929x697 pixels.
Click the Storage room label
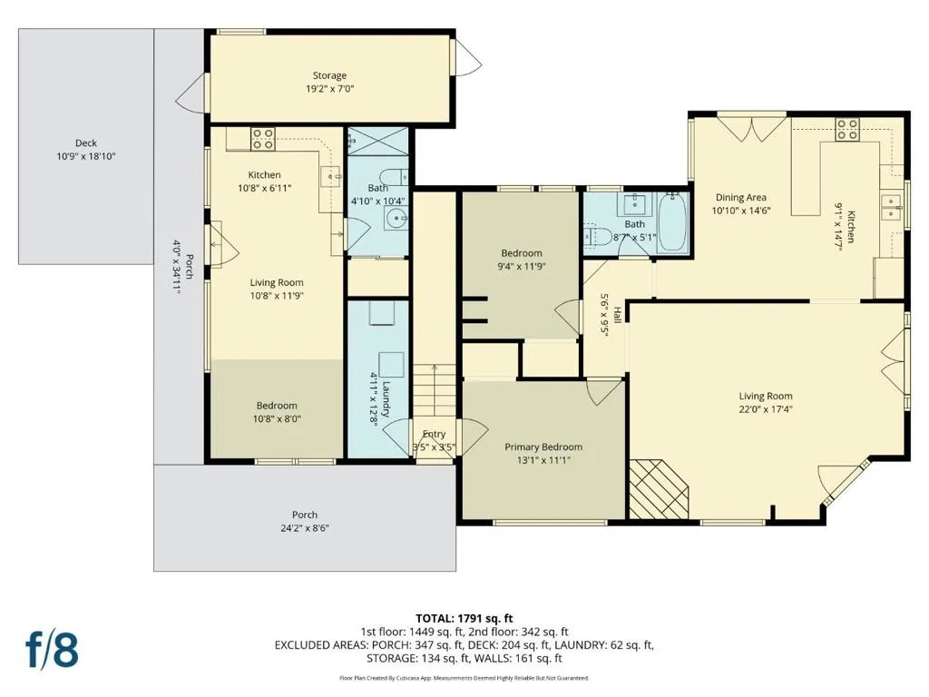(x=329, y=76)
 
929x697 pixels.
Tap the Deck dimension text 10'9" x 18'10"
(x=86, y=156)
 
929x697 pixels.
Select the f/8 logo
(x=52, y=650)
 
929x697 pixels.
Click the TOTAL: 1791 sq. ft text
(x=464, y=619)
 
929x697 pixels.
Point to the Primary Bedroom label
(x=543, y=447)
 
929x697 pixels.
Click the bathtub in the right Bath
(x=673, y=221)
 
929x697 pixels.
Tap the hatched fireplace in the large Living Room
(x=659, y=489)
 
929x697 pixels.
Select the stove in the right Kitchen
(x=847, y=129)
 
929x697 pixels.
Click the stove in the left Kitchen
(x=262, y=139)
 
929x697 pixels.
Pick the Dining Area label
(x=740, y=197)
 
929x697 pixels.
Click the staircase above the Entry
(x=435, y=390)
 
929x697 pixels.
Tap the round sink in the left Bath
(x=395, y=220)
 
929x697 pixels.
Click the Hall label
(x=617, y=315)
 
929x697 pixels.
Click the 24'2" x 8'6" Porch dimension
(x=305, y=528)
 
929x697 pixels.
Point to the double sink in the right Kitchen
(x=891, y=208)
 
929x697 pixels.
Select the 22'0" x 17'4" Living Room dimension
(x=766, y=409)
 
